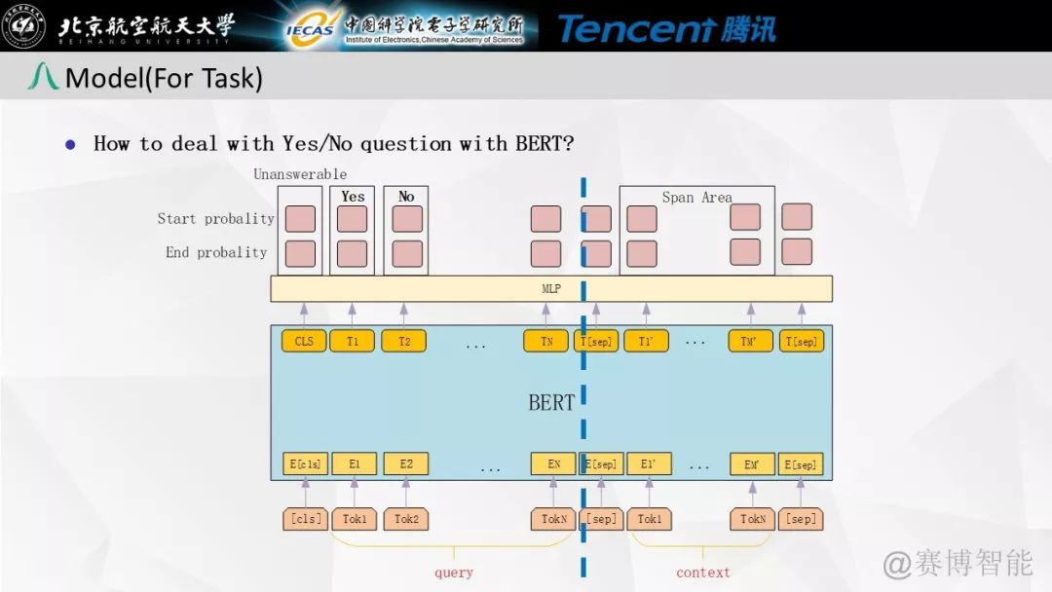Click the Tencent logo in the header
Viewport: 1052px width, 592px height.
pos(667,28)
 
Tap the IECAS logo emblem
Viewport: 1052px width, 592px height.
pos(310,28)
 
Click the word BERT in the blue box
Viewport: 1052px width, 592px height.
pos(551,403)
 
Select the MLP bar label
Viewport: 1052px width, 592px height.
pos(551,289)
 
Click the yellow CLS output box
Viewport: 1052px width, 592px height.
pos(304,341)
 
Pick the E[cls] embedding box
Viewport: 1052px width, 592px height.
pos(304,463)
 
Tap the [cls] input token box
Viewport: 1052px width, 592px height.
pos(305,519)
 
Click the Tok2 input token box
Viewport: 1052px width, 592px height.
pos(406,519)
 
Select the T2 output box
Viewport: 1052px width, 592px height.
pos(403,341)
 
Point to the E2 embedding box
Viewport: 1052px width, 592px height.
pos(405,463)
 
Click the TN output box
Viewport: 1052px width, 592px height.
pos(545,341)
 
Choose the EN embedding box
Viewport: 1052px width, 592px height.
pos(553,463)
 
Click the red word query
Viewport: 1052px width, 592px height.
pos(454,573)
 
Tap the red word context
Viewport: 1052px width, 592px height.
pos(702,573)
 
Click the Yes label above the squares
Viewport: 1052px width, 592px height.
pos(353,197)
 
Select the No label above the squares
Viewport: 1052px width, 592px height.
pos(406,197)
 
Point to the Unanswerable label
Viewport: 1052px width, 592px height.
pos(300,174)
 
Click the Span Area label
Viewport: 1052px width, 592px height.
pos(696,198)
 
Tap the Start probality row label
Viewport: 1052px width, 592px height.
pos(215,219)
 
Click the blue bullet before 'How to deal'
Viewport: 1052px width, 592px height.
pos(70,144)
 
